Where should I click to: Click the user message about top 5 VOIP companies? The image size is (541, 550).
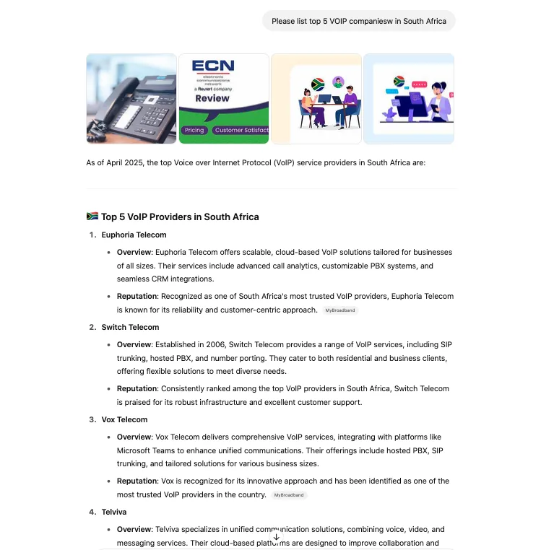pyautogui.click(x=358, y=21)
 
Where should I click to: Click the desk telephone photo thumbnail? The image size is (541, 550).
pyautogui.click(x=131, y=99)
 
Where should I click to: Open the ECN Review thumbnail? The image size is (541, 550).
pyautogui.click(x=223, y=99)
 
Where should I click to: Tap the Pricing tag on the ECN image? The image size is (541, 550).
pyautogui.click(x=194, y=131)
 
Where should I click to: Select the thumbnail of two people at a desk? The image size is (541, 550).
pyautogui.click(x=316, y=99)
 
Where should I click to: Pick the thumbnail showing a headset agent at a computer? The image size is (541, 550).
pyautogui.click(x=408, y=99)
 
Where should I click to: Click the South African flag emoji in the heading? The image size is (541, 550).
pyautogui.click(x=92, y=217)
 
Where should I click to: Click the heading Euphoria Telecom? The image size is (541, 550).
pyautogui.click(x=134, y=235)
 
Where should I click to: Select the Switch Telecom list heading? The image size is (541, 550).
pyautogui.click(x=130, y=327)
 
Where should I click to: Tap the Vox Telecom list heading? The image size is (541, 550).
pyautogui.click(x=124, y=419)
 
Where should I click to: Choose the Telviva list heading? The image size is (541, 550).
pyautogui.click(x=114, y=512)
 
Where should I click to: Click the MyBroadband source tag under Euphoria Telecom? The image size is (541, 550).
pyautogui.click(x=340, y=310)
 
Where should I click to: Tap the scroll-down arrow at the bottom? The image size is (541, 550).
pyautogui.click(x=276, y=537)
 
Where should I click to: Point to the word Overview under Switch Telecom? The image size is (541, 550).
pyautogui.click(x=134, y=345)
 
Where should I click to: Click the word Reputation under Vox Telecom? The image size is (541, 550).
pyautogui.click(x=137, y=481)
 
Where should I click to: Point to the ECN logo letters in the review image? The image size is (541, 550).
pyautogui.click(x=213, y=66)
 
